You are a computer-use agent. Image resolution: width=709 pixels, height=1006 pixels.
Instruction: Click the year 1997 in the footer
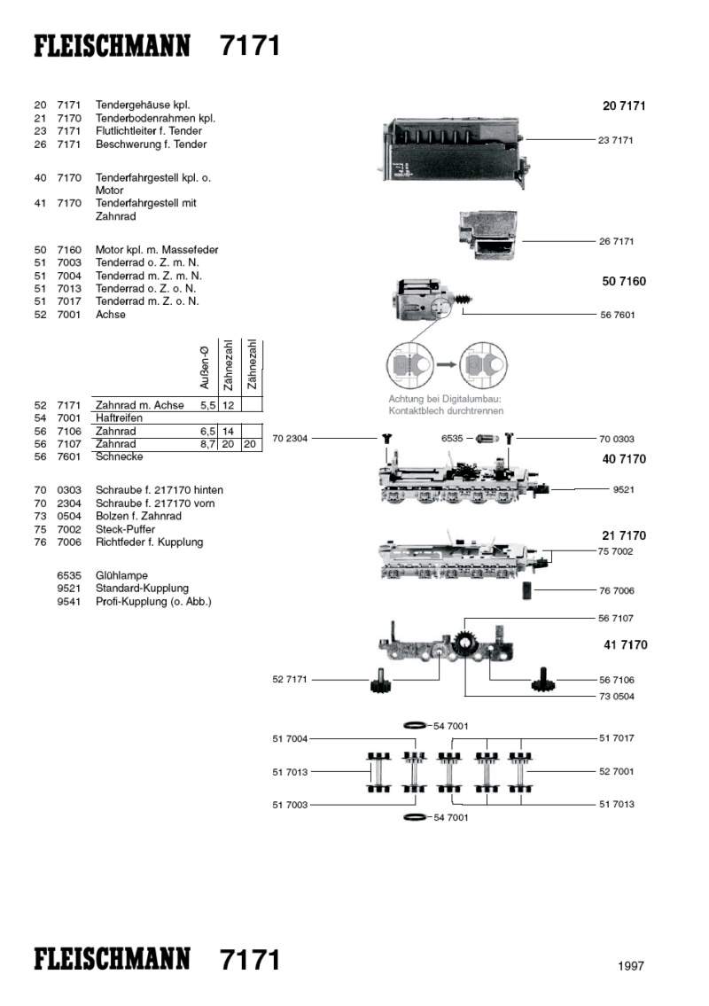[x=631, y=966]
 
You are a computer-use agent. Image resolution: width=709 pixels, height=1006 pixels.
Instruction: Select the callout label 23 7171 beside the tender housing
[x=616, y=140]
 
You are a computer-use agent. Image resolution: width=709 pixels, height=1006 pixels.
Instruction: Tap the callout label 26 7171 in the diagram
[x=616, y=241]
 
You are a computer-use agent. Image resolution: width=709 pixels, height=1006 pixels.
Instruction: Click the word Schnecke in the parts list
[x=119, y=456]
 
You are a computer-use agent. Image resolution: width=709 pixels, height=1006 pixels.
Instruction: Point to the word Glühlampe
[x=121, y=575]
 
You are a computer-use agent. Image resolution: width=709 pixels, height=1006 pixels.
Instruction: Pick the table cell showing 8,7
[x=209, y=444]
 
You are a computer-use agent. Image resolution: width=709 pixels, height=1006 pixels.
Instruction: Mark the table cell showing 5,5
[x=209, y=405]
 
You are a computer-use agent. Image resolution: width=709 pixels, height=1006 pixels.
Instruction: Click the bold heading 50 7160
[x=624, y=282]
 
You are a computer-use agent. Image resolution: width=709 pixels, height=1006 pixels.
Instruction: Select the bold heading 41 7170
[x=624, y=644]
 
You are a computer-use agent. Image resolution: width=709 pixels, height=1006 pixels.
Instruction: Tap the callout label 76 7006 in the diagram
[x=616, y=590]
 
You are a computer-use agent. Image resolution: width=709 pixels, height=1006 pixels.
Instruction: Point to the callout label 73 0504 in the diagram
[x=616, y=697]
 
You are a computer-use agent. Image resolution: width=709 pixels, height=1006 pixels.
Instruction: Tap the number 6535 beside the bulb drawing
[x=453, y=438]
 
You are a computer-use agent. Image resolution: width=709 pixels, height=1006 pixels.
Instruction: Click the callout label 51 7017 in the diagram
[x=616, y=737]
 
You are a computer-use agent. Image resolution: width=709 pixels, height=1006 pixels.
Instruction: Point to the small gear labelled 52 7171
[x=380, y=682]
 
